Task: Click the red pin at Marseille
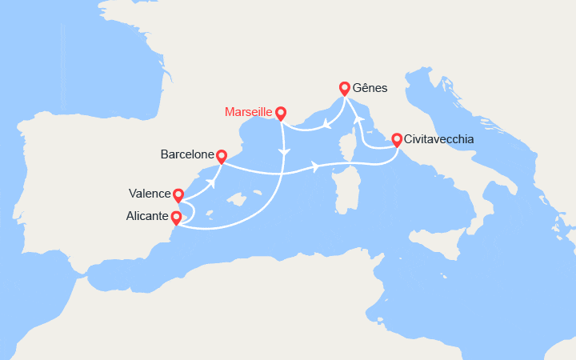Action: click(281, 114)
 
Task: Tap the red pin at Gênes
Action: click(345, 89)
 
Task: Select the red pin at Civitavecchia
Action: click(397, 139)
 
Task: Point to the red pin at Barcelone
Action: click(222, 156)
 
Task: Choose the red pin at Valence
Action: click(178, 195)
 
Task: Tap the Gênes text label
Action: click(370, 88)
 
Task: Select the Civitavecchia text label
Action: click(439, 139)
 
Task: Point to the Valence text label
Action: click(150, 193)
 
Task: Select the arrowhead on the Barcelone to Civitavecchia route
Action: click(316, 167)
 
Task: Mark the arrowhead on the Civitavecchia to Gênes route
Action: click(359, 118)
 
